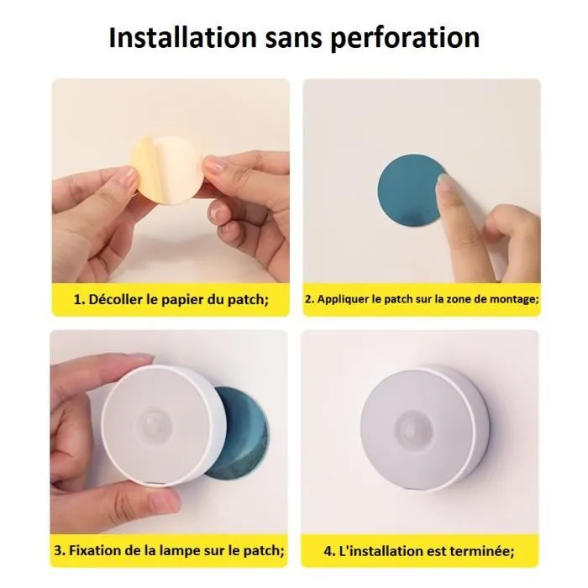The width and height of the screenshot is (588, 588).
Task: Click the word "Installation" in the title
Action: (x=182, y=38)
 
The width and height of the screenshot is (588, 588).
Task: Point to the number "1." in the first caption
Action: (x=80, y=300)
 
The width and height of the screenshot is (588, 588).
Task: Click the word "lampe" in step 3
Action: (x=179, y=551)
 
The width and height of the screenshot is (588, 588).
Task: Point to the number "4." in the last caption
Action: (x=329, y=551)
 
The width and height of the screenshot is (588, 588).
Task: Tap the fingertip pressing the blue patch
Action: (x=445, y=185)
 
